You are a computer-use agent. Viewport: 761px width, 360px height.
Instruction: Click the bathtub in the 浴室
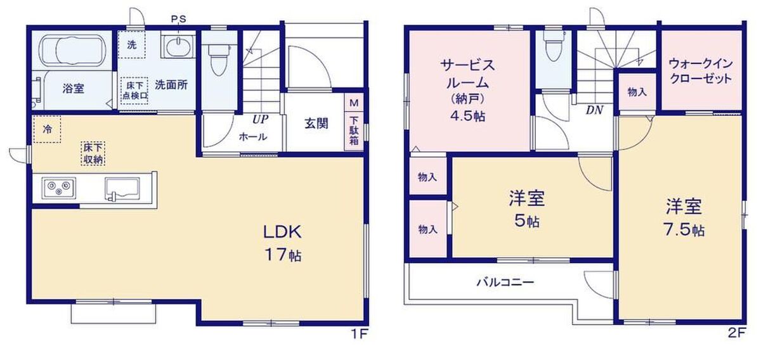[x=73, y=51]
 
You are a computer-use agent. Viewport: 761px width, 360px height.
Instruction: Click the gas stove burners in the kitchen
[x=58, y=188]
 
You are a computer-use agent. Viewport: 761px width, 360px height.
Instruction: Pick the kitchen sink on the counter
[x=122, y=188]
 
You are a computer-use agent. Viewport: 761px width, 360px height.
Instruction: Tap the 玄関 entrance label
[x=316, y=124]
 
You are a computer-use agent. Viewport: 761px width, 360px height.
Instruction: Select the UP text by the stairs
[x=261, y=119]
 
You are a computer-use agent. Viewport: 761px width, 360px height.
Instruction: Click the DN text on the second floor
[x=594, y=110]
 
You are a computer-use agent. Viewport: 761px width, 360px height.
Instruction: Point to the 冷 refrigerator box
[x=47, y=129]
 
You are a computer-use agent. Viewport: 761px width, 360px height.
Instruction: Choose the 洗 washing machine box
[x=131, y=45]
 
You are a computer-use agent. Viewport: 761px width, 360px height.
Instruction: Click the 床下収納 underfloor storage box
[x=93, y=153]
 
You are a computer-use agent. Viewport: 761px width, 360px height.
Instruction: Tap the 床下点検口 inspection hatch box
[x=135, y=90]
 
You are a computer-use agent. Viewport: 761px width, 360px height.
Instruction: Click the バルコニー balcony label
[x=505, y=282]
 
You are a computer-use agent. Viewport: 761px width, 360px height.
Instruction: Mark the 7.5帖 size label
[x=684, y=230]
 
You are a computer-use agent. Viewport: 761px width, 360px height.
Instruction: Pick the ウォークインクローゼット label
[x=700, y=72]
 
